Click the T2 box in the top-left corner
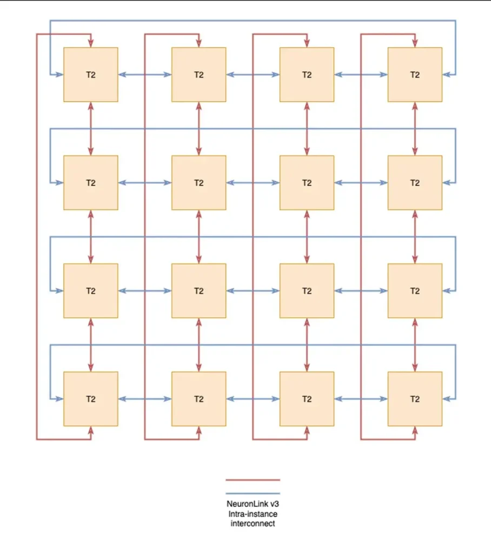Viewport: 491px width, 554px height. [91, 75]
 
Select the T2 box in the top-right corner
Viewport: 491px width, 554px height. [415, 75]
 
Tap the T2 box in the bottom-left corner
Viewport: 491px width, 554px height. [91, 399]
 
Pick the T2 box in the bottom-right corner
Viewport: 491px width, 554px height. [415, 399]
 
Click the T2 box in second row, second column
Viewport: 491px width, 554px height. [199, 183]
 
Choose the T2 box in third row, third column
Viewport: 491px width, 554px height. [307, 291]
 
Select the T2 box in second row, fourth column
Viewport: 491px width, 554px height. [415, 183]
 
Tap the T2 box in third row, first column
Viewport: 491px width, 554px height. [91, 291]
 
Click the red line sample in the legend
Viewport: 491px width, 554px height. [253, 480]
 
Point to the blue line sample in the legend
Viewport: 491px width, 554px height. [253, 493]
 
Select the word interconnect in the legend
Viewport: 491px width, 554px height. [253, 523]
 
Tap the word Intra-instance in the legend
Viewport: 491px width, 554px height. [253, 513]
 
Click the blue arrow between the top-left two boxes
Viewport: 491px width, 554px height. [145, 75]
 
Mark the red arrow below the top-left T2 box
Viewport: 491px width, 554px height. [91, 129]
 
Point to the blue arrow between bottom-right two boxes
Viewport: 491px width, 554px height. [361, 399]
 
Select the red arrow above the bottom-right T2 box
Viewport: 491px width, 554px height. [415, 345]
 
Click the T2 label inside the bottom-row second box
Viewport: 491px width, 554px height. [199, 399]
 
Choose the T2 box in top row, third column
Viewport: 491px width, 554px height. [307, 75]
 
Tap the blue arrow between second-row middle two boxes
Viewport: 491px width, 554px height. [253, 183]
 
